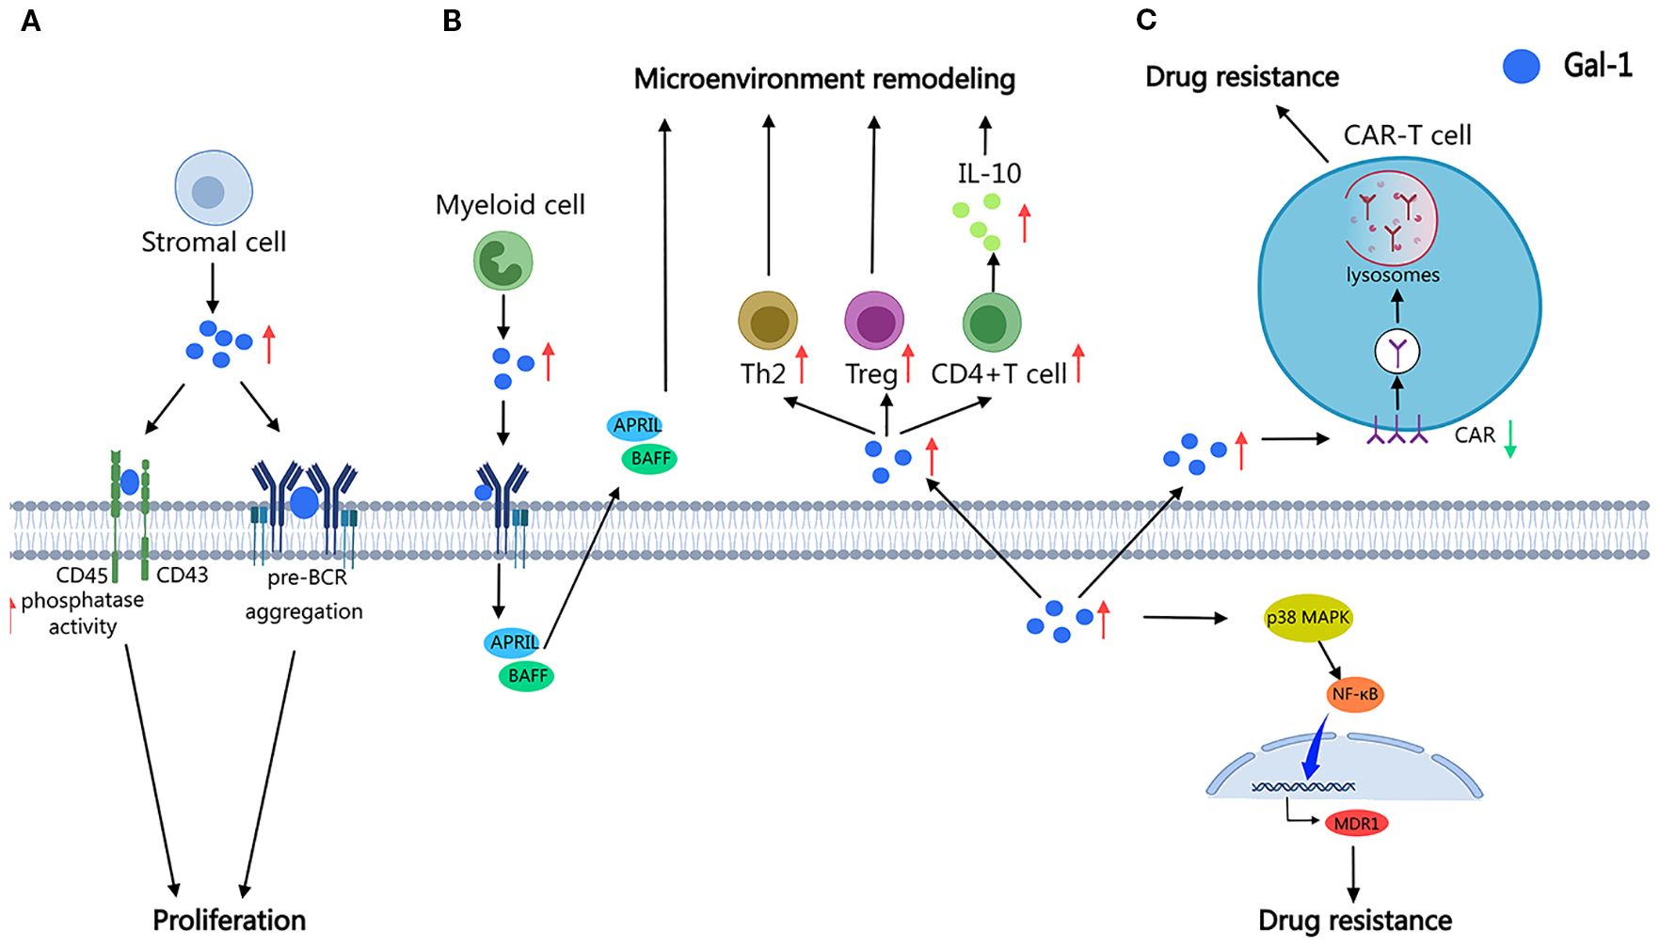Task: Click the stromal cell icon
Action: (214, 188)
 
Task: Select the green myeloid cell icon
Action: (503, 261)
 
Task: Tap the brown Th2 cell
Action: (768, 321)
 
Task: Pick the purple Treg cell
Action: (874, 321)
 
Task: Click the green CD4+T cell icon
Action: (992, 323)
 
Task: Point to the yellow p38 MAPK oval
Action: (1308, 618)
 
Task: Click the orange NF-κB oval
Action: (1355, 694)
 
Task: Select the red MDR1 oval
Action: (1356, 824)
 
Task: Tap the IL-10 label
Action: (989, 173)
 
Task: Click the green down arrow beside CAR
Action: (1510, 438)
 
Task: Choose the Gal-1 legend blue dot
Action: (1521, 66)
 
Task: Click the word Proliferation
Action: (230, 920)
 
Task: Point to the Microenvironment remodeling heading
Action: (824, 79)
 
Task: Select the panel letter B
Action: (452, 21)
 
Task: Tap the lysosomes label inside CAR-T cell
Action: (1393, 276)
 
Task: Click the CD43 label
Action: (182, 575)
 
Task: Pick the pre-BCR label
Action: (307, 577)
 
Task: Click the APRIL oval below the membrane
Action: (514, 642)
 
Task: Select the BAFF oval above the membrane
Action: (650, 459)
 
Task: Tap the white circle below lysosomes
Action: (1397, 352)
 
